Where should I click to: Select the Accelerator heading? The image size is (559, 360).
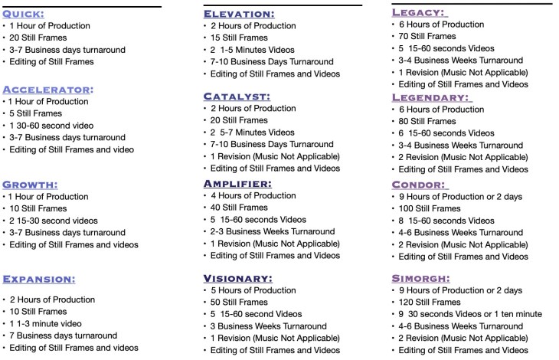tap(48, 89)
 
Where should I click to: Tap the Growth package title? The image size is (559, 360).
tap(31, 185)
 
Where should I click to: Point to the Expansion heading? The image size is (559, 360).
tap(38, 279)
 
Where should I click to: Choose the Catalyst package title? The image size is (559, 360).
tap(236, 97)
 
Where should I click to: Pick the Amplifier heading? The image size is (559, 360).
tap(237, 184)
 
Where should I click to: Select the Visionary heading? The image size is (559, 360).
tap(238, 278)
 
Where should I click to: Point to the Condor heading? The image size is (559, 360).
tap(420, 185)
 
